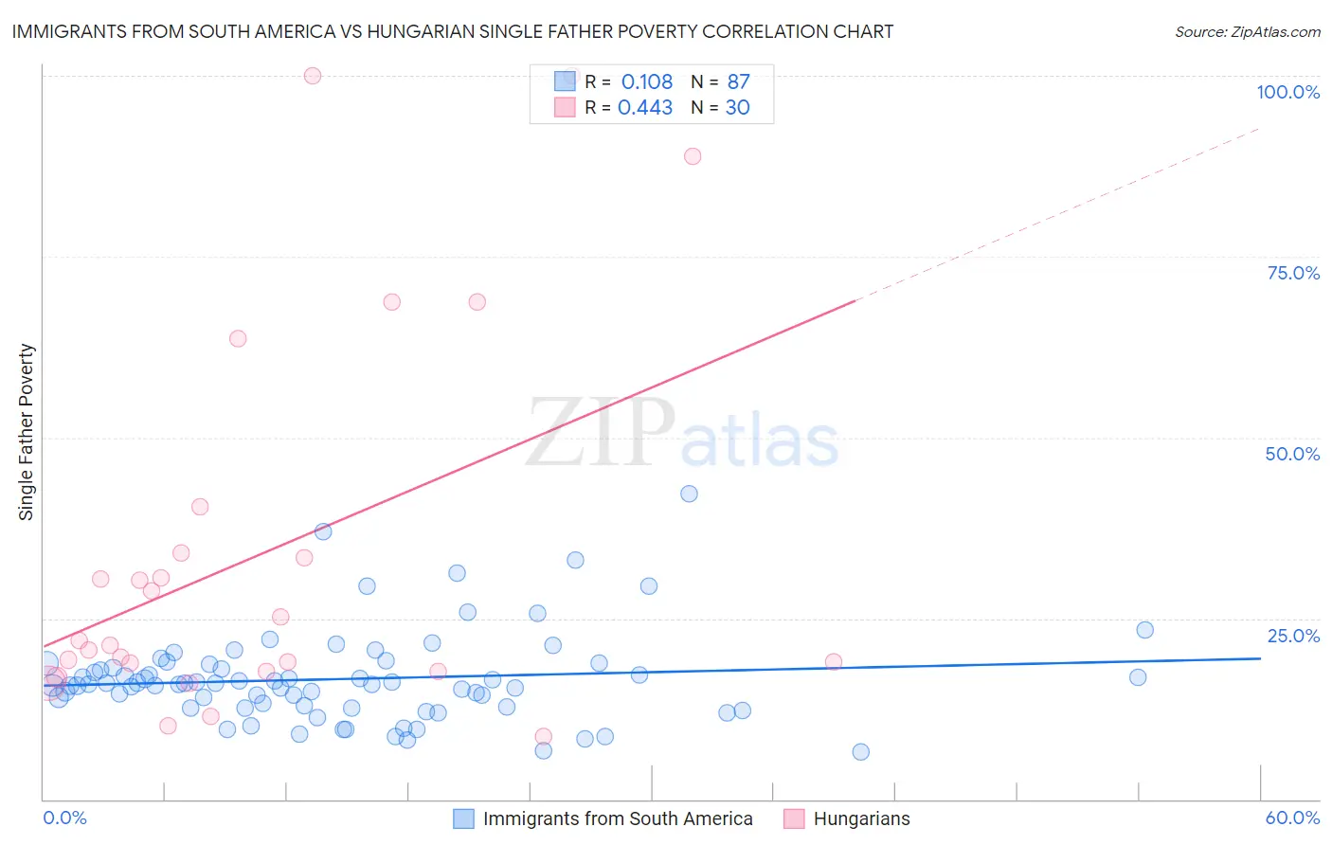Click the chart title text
tap(453, 31)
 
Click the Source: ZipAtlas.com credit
tap(1247, 31)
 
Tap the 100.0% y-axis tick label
tap(1287, 92)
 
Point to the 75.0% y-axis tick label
tap(1293, 273)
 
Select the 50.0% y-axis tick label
tap(1292, 454)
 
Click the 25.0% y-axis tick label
tap(1293, 636)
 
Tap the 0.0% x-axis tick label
tap(64, 818)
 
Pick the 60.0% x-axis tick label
tap(1292, 818)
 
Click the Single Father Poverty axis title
tap(27, 432)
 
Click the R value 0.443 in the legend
tap(645, 107)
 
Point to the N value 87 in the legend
tap(738, 81)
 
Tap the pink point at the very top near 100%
tap(313, 76)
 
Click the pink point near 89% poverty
tap(693, 156)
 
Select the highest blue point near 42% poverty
tap(689, 494)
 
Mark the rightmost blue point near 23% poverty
tap(1144, 630)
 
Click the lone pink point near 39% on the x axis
tap(834, 662)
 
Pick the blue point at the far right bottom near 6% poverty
tap(860, 752)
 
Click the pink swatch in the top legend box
tap(565, 107)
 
